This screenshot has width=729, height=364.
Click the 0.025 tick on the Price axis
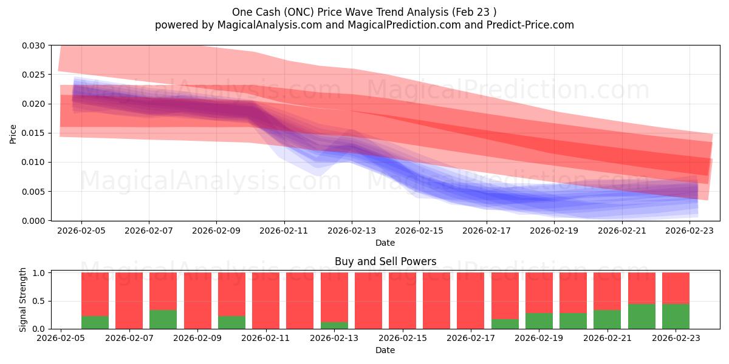[x=33, y=75]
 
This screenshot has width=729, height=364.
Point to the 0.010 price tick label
[x=33, y=162]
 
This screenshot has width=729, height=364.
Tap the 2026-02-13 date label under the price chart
[x=352, y=231]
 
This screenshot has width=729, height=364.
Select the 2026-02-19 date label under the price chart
[x=554, y=231]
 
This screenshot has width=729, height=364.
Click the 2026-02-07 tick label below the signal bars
[x=129, y=338]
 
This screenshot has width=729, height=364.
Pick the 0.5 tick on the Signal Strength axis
[x=39, y=301]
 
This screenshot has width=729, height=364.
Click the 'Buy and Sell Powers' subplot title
[x=385, y=261]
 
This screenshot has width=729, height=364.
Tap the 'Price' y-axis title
[x=13, y=134]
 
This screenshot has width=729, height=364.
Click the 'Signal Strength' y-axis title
[x=22, y=300]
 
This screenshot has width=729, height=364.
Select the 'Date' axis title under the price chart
[x=385, y=243]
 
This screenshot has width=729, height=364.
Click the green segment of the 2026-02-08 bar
[x=163, y=320]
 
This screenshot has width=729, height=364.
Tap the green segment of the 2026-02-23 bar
[x=676, y=317]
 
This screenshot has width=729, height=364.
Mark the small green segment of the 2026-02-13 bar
[x=334, y=325]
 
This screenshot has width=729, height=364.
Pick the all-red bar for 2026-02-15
[x=402, y=301]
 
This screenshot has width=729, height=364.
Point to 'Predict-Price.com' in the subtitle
[x=530, y=25]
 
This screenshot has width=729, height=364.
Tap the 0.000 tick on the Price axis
[x=33, y=221]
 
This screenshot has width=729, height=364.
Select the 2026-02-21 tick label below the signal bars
[x=607, y=338]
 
